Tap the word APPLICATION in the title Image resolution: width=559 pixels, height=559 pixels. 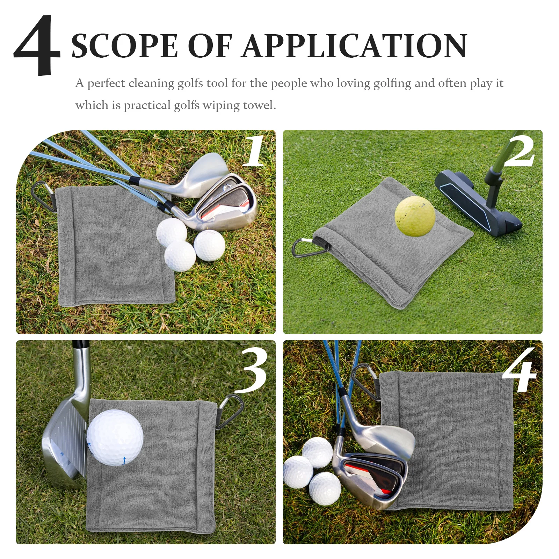pyautogui.click(x=355, y=46)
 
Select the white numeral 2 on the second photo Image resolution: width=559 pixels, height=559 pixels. pyautogui.click(x=520, y=151)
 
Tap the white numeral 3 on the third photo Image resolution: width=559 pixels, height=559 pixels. pyautogui.click(x=252, y=371)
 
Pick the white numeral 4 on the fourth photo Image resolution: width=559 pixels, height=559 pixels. pyautogui.click(x=520, y=371)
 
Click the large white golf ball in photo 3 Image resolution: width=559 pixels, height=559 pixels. pyautogui.click(x=115, y=438)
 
